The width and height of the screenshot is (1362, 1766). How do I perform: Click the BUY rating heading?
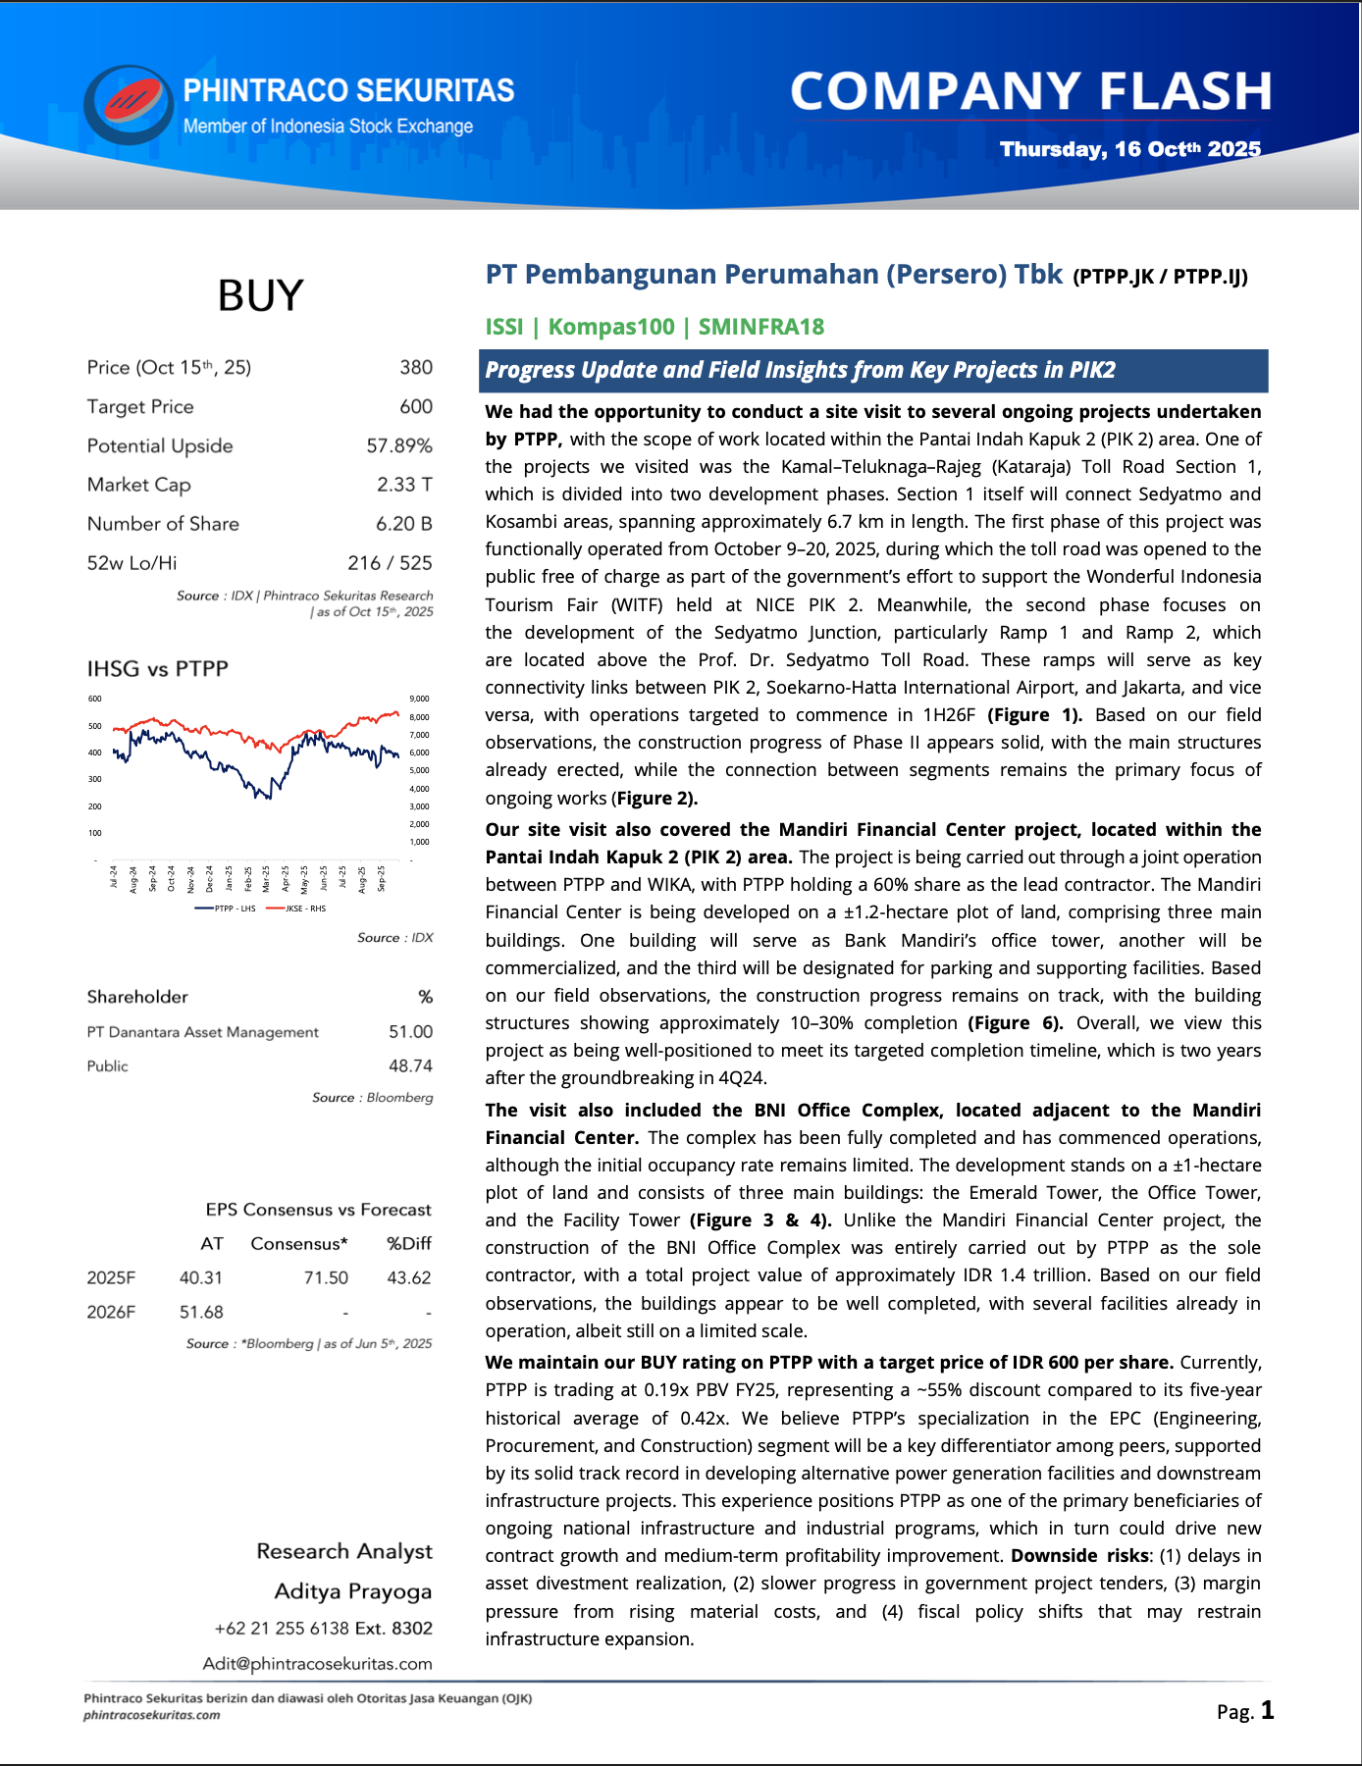(x=260, y=295)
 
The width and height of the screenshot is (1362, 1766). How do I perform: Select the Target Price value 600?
(x=416, y=406)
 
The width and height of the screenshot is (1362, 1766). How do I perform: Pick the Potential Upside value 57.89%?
(x=399, y=445)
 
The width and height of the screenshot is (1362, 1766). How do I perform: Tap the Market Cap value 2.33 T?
(x=404, y=485)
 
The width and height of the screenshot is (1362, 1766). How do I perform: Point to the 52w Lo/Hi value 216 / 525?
(x=390, y=563)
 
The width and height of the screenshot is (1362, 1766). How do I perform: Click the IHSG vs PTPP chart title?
(x=158, y=669)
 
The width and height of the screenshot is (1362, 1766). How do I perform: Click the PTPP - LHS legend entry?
(x=228, y=909)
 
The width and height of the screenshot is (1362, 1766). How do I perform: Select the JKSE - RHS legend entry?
(x=298, y=909)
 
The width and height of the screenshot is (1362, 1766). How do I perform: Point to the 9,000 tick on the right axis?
(x=419, y=699)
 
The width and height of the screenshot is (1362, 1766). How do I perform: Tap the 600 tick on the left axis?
(x=95, y=699)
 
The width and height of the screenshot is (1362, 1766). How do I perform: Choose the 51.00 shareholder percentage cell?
(x=410, y=1032)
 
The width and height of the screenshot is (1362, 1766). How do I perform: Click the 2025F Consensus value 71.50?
(x=326, y=1278)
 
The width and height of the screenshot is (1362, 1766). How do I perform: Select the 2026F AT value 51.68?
(x=201, y=1313)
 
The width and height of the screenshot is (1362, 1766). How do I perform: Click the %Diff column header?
(x=408, y=1244)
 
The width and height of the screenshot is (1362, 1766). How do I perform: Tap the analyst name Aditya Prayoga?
(x=353, y=1591)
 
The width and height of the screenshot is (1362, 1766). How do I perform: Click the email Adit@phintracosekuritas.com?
(x=317, y=1664)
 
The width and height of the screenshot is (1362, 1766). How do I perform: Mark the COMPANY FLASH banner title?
(x=1030, y=91)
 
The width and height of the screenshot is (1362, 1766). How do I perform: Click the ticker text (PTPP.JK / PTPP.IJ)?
(x=1160, y=277)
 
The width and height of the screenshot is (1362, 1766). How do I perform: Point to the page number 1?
(x=1268, y=1711)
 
